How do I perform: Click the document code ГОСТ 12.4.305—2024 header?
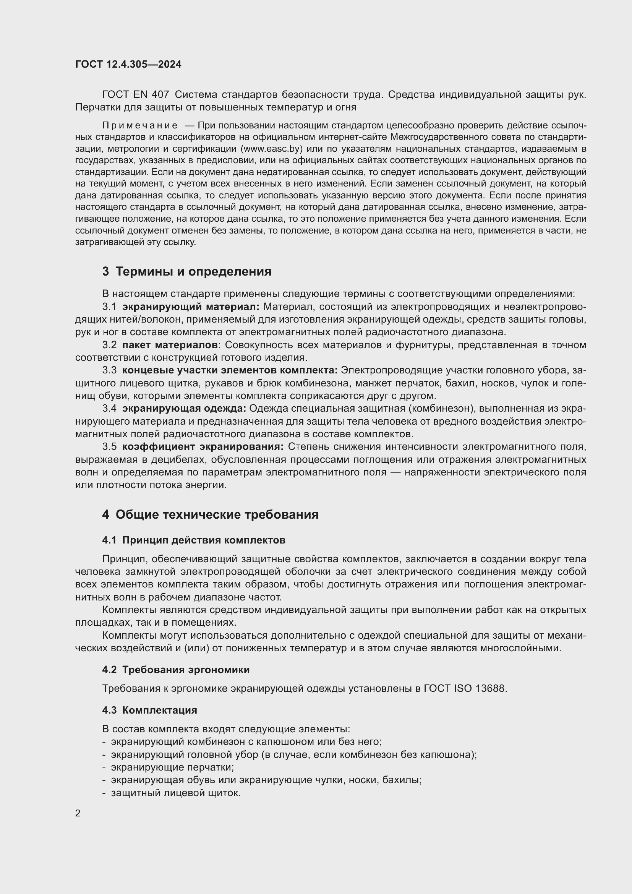coord(128,64)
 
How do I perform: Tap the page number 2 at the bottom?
coord(78,813)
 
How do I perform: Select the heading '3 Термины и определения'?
coord(187,271)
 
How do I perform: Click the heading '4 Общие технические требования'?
coord(210,514)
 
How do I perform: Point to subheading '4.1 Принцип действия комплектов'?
coord(194,540)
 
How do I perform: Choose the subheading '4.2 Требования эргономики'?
coord(176,670)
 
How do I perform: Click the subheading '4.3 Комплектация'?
coord(149,710)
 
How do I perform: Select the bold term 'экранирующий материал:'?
coord(191,307)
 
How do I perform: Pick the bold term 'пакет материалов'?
coord(170,345)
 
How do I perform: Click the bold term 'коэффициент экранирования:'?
coord(203,446)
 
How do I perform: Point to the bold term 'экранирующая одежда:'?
coord(184,409)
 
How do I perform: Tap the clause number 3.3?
coord(109,370)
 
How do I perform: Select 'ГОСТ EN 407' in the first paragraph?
coord(135,95)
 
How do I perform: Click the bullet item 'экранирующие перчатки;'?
coord(172,767)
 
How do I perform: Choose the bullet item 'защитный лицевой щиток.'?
coord(175,793)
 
